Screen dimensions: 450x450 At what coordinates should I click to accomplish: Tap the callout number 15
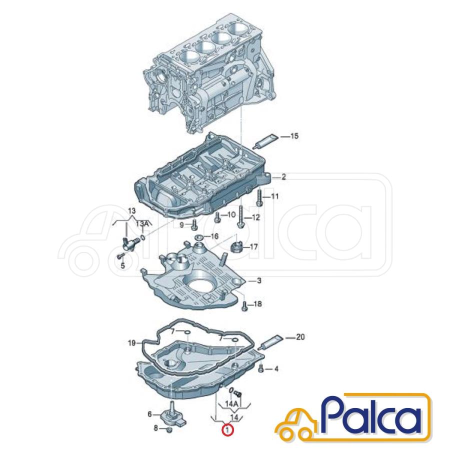tap(294, 136)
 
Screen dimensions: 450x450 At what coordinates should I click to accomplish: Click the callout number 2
tap(283, 177)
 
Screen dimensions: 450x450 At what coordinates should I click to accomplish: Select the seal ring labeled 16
tap(198, 237)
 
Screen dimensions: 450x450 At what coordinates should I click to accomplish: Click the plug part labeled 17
tap(237, 247)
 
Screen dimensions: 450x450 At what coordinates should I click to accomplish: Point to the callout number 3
tap(259, 280)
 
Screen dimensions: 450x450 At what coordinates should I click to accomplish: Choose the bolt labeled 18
tap(245, 306)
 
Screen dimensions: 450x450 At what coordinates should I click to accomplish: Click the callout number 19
tap(131, 343)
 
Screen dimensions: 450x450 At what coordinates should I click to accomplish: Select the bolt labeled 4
tap(261, 368)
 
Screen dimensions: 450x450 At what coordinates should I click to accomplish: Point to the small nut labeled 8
tap(169, 429)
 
